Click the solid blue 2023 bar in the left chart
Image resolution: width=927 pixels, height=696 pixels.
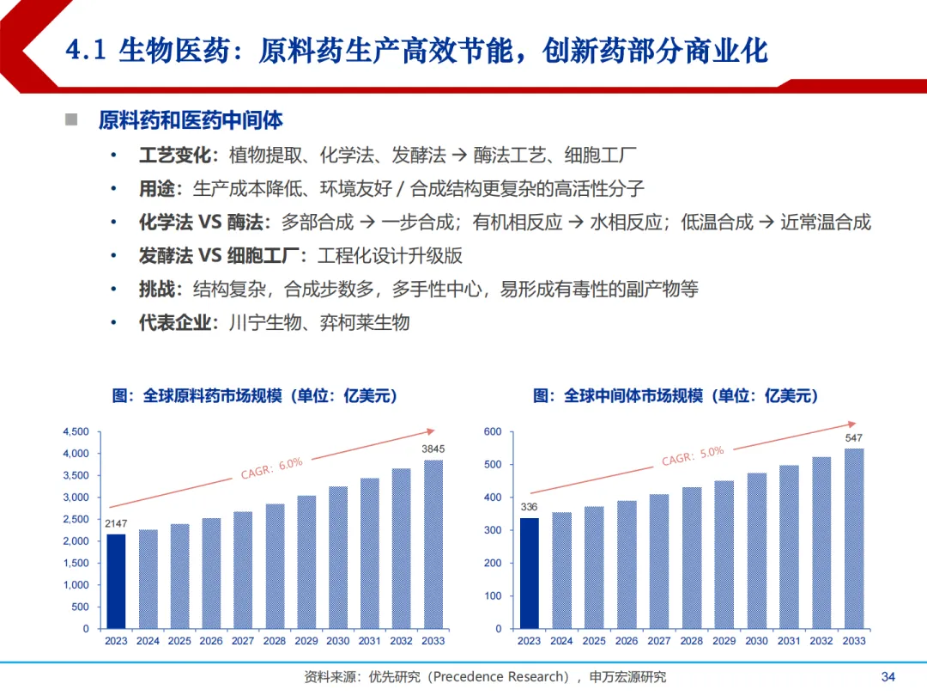point(116,581)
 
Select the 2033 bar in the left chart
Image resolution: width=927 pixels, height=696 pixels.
point(433,544)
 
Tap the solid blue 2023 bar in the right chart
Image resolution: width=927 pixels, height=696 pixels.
point(530,573)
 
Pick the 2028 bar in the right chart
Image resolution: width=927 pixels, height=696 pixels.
point(692,558)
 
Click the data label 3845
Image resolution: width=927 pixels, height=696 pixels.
point(433,449)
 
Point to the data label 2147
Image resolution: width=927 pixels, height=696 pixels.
point(116,523)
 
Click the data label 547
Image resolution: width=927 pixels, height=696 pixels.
point(853,438)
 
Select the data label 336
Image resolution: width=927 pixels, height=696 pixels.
point(530,507)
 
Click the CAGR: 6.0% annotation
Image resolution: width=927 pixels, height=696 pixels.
point(271,468)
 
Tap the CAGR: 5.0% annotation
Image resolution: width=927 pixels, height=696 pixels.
point(693,455)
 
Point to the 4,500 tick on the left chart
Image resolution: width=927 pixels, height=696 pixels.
point(76,431)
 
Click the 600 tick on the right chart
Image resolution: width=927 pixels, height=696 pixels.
point(493,431)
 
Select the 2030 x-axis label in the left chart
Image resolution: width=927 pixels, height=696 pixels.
point(338,641)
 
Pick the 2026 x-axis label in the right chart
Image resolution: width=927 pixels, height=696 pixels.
point(627,641)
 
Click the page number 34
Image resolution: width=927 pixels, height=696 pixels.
point(888,677)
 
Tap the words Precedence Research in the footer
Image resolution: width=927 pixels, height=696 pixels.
point(500,677)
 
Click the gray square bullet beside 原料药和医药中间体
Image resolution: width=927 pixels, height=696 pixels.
point(71,119)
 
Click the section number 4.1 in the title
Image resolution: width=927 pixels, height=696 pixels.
point(86,51)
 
